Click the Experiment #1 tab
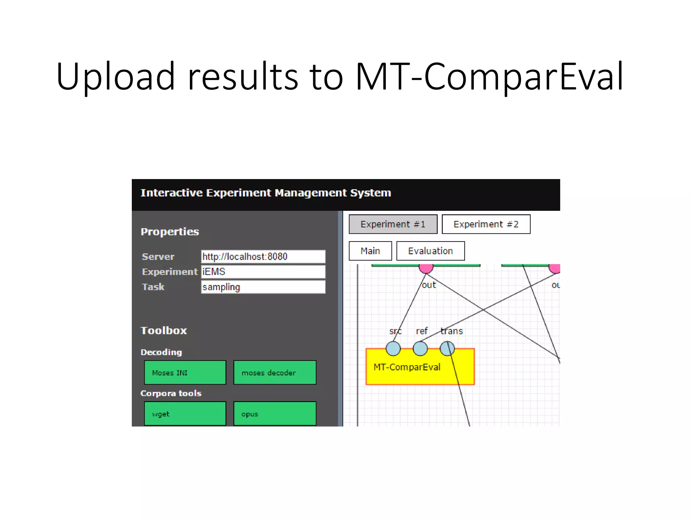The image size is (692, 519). click(393, 224)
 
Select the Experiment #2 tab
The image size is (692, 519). click(486, 224)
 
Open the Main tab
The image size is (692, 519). click(370, 251)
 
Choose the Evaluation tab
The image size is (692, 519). click(430, 251)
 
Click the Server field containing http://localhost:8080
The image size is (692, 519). click(263, 257)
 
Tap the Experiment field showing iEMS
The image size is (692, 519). click(263, 272)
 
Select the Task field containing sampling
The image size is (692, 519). click(263, 287)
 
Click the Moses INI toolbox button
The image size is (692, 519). click(185, 373)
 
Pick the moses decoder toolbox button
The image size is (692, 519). click(275, 373)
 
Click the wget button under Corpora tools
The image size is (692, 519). click(185, 414)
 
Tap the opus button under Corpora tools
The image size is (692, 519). click(275, 414)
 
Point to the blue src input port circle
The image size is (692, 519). click(393, 348)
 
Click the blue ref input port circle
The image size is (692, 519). click(420, 348)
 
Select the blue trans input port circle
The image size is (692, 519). click(447, 348)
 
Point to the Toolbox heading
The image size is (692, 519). click(164, 330)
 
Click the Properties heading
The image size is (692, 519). click(170, 232)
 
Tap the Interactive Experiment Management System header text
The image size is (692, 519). click(266, 193)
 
